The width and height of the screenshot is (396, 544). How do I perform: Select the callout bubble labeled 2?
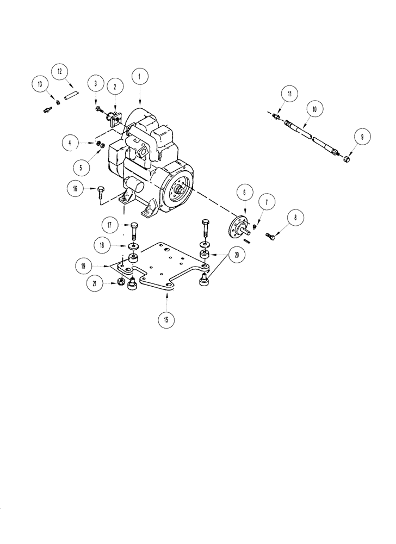(x=115, y=86)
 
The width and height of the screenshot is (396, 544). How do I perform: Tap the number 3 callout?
(x=96, y=84)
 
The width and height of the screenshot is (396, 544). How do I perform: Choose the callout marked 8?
(x=295, y=219)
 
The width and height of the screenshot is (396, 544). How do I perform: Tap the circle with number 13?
(x=39, y=84)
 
